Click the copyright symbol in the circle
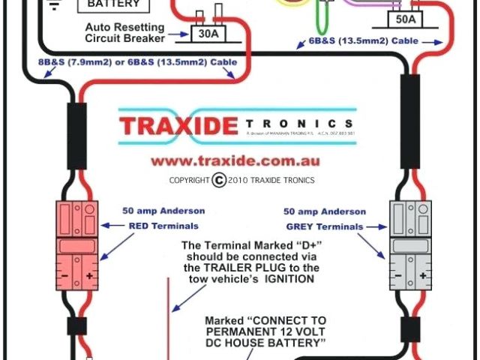tap(219, 179)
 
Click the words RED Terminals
tap(163, 225)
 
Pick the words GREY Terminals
tap(325, 226)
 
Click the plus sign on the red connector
tap(90, 275)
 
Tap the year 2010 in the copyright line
tap(241, 180)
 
